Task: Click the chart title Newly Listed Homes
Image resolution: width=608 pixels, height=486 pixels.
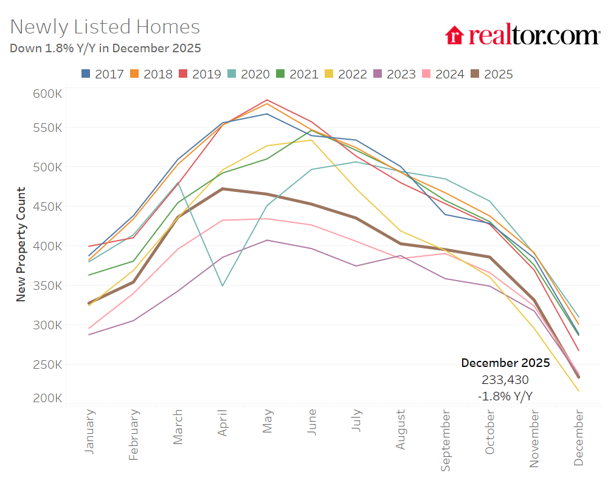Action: (105, 27)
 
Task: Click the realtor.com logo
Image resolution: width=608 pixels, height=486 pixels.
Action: (522, 35)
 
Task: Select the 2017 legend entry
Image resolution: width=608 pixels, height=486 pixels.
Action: (103, 74)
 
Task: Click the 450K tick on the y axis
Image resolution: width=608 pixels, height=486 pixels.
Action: (47, 207)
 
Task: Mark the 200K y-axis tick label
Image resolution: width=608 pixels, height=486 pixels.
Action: (47, 399)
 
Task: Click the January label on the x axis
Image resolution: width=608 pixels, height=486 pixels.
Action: (90, 432)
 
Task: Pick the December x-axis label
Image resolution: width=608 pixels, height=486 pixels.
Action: (578, 437)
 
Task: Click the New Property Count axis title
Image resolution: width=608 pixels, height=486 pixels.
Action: (21, 244)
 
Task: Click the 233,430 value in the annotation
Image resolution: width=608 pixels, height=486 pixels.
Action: (505, 380)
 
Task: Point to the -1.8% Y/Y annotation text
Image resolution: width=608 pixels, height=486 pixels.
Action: (505, 396)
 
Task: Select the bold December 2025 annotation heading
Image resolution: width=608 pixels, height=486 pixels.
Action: (505, 363)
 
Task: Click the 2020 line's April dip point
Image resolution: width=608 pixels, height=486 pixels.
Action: (223, 286)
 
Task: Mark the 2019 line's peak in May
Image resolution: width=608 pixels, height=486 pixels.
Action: (267, 100)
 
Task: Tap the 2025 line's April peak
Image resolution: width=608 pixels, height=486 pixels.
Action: (223, 189)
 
